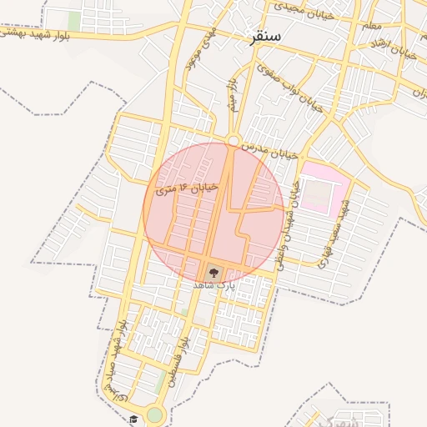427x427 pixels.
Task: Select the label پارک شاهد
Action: coord(214,285)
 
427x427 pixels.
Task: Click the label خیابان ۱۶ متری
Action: coord(187,189)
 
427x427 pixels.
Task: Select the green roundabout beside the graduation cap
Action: coord(154,414)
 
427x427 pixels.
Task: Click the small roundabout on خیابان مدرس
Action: coord(234,140)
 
